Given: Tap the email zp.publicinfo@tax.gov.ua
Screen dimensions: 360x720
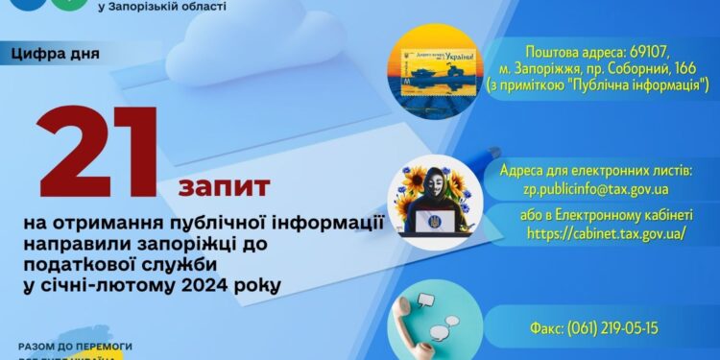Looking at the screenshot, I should (x=595, y=189).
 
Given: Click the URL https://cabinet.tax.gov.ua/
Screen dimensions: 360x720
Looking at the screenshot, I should (x=594, y=232).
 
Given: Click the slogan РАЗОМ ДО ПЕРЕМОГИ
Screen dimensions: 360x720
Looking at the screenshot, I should (x=75, y=345).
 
